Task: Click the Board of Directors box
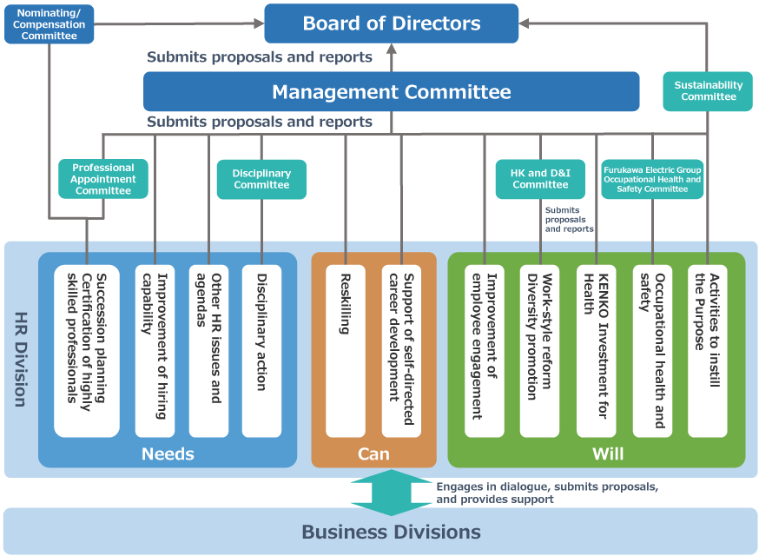click(391, 23)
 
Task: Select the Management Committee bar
click(391, 91)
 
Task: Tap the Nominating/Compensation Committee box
click(49, 24)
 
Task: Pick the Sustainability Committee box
click(708, 91)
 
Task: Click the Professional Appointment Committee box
click(102, 179)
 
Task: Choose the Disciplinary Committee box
click(261, 179)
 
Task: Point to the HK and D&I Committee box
click(540, 179)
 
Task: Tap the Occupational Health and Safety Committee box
click(652, 179)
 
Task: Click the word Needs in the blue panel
click(168, 453)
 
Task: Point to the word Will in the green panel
click(608, 453)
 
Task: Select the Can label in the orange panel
click(373, 453)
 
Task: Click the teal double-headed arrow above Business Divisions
click(391, 493)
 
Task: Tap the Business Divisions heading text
click(391, 532)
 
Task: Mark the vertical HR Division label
click(20, 359)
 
